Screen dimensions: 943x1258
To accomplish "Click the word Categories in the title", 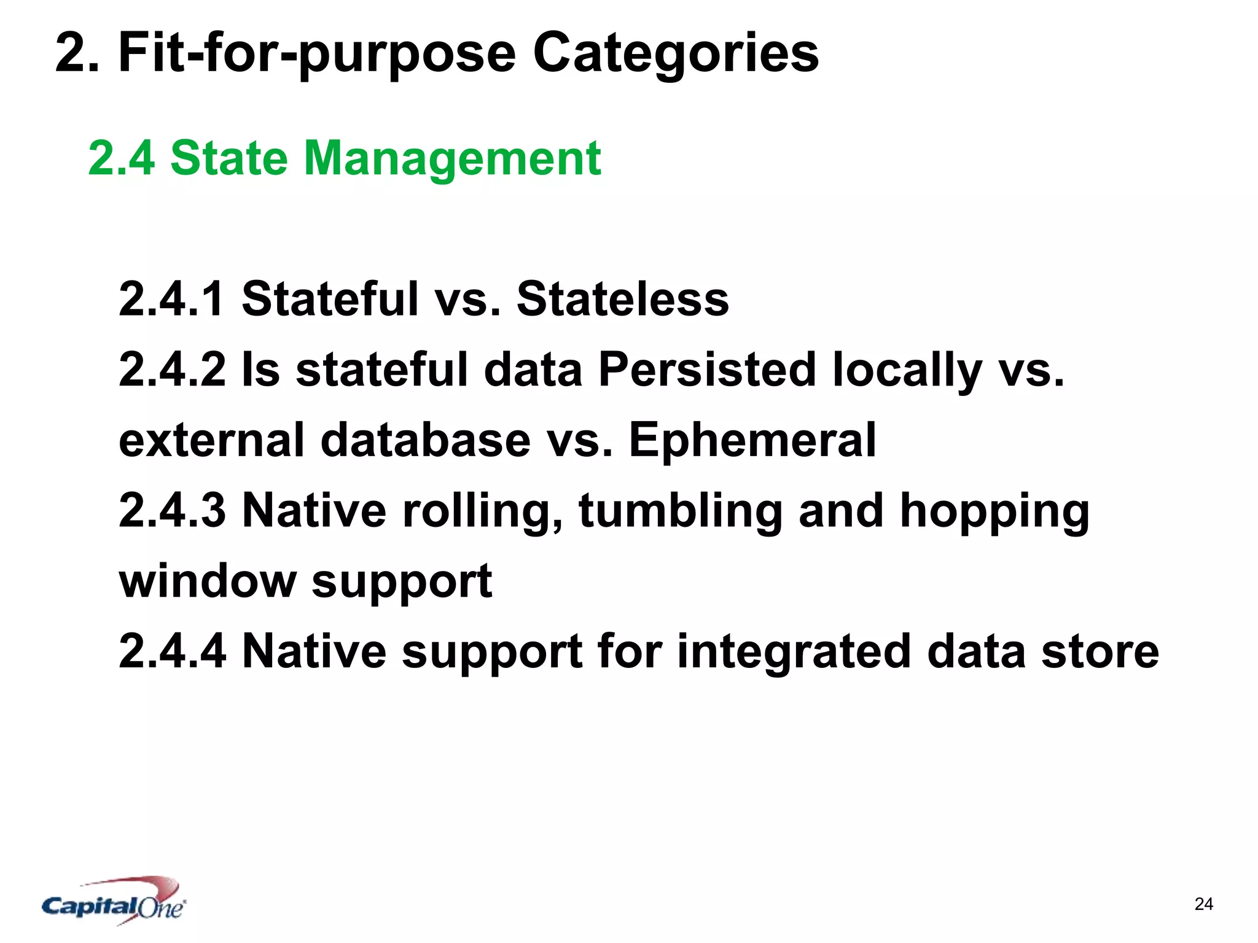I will (x=675, y=54).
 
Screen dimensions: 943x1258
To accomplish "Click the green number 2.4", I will (x=122, y=158).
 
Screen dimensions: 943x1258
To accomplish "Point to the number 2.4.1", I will (x=171, y=299).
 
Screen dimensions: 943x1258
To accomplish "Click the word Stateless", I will (x=622, y=299).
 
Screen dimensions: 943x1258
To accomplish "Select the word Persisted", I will (x=707, y=370).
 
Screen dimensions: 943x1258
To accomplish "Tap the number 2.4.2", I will (x=171, y=370).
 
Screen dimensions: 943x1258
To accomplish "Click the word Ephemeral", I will (x=752, y=440).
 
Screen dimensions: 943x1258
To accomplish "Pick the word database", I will (x=425, y=440).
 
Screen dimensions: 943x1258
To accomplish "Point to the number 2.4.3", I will (x=171, y=510).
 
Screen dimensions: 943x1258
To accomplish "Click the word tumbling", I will (x=680, y=510).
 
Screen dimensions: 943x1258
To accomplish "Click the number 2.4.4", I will (x=171, y=651).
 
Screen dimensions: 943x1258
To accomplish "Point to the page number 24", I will (x=1203, y=904).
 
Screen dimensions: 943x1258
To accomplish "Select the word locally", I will (x=907, y=371).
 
